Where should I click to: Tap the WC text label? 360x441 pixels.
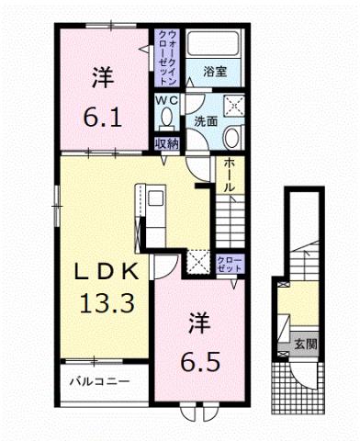[x=166, y=99]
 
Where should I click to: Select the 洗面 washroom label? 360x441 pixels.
[x=205, y=120]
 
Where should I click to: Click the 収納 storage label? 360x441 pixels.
[x=166, y=143]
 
